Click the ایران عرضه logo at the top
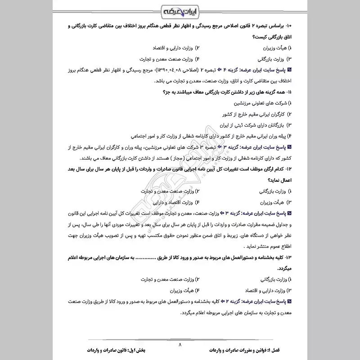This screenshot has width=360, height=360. (180, 9)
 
